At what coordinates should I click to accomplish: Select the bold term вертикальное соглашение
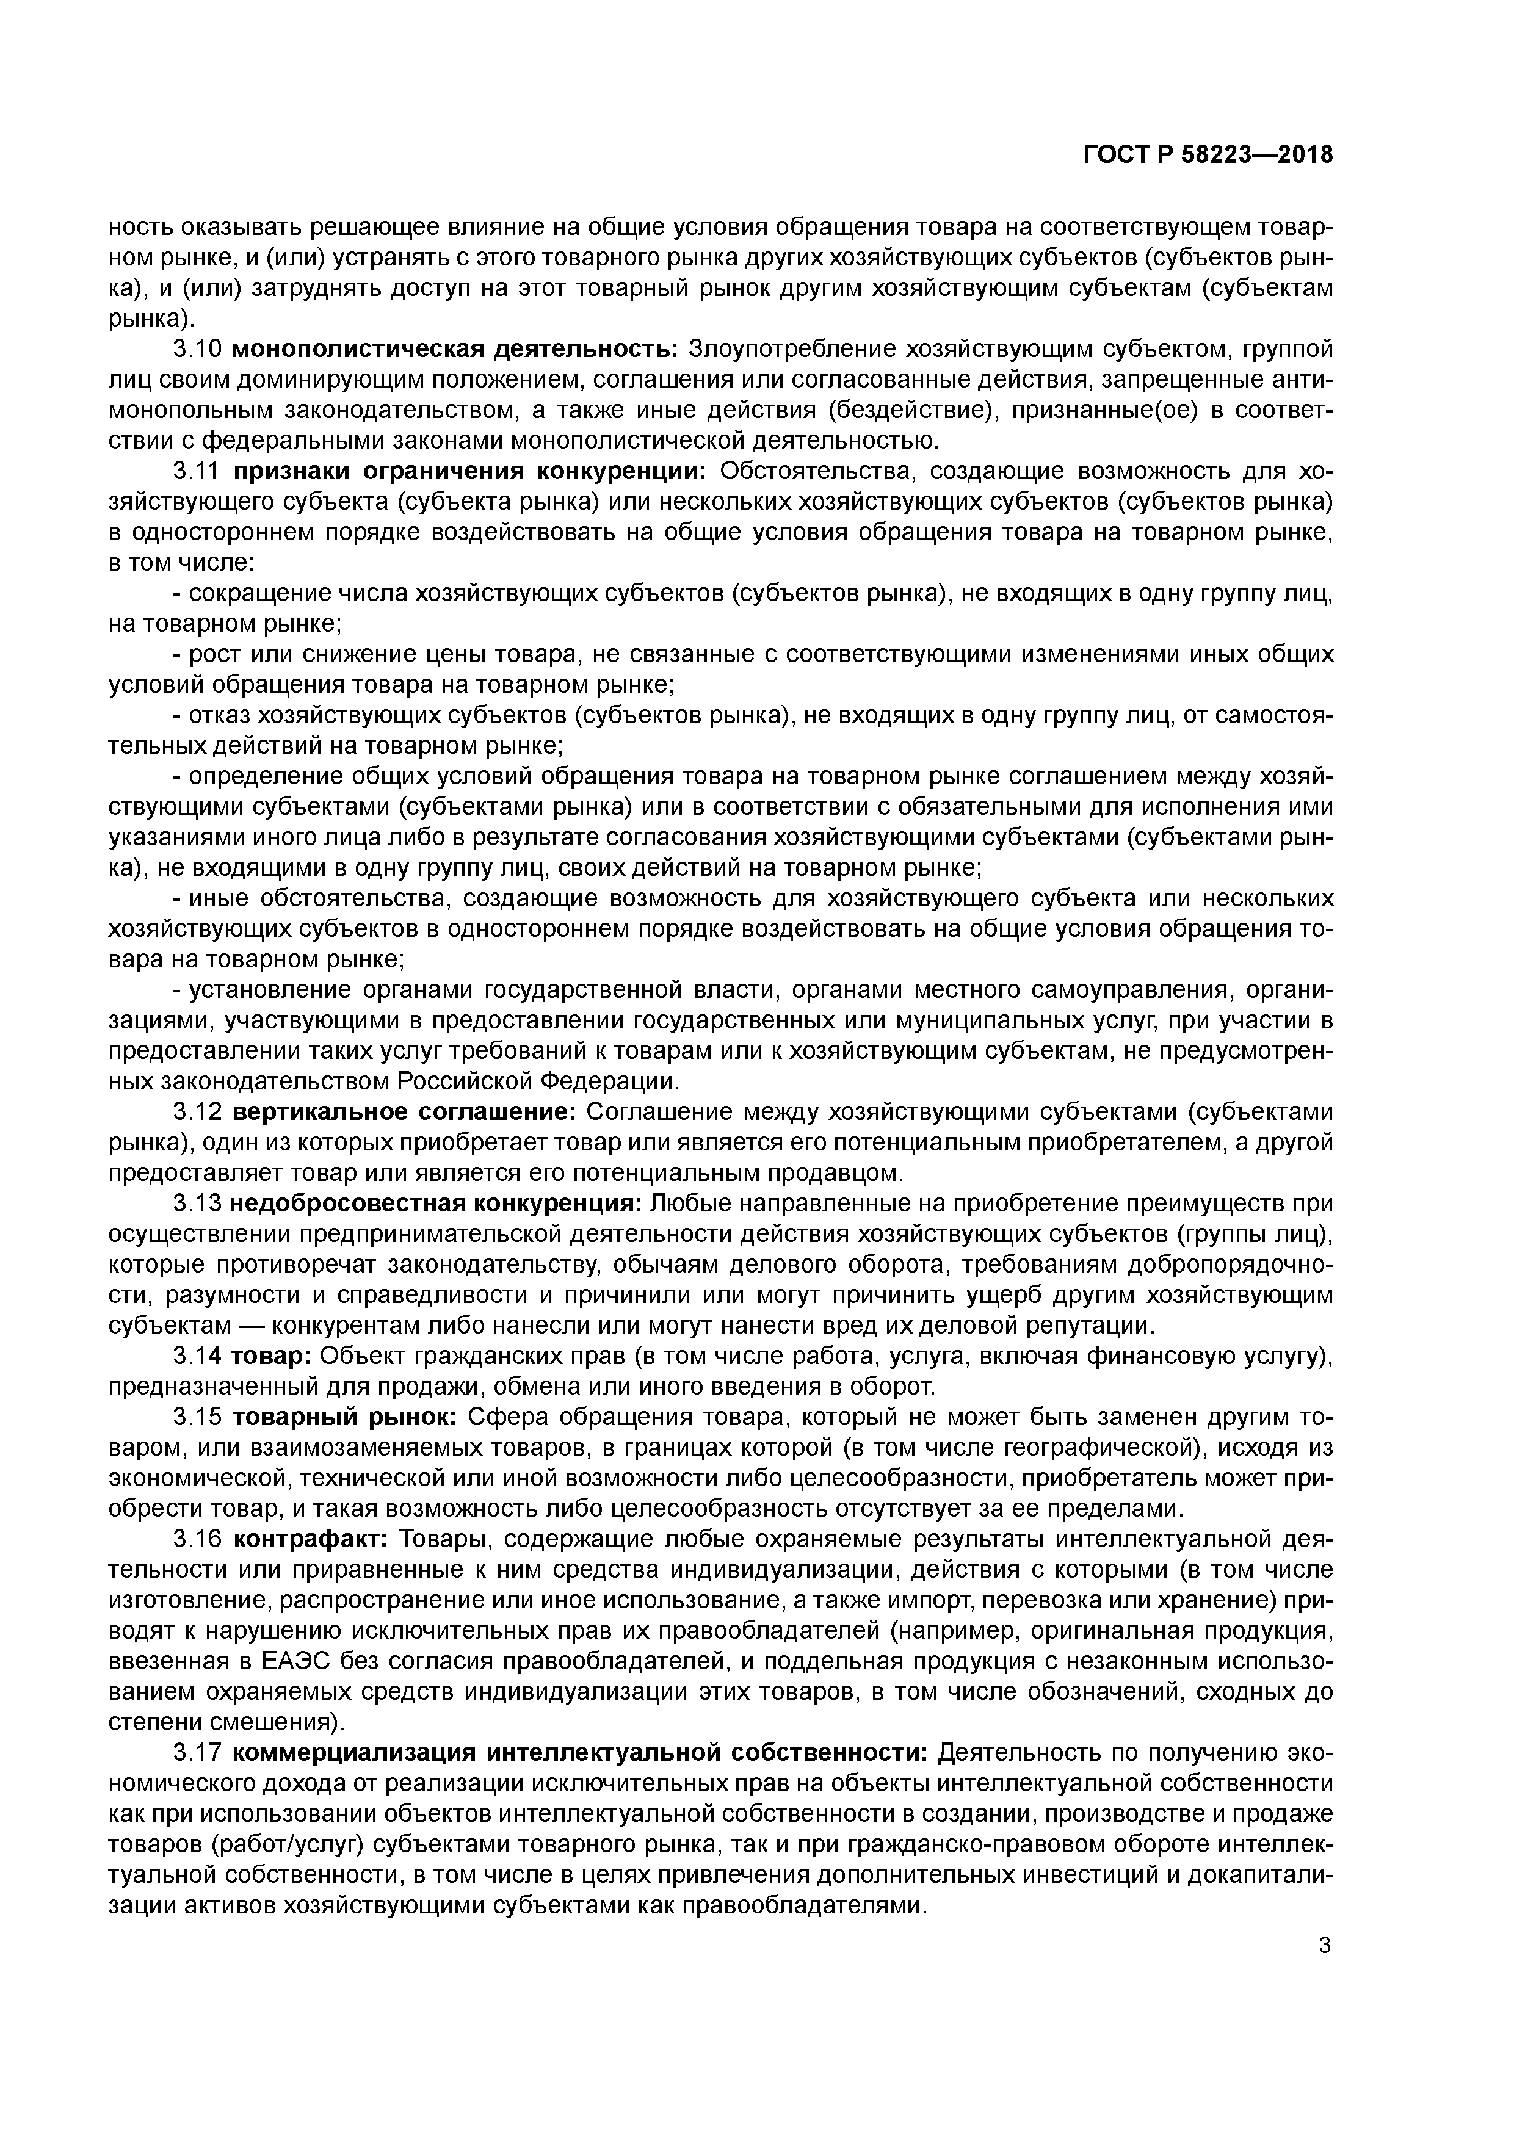coord(404,1113)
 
